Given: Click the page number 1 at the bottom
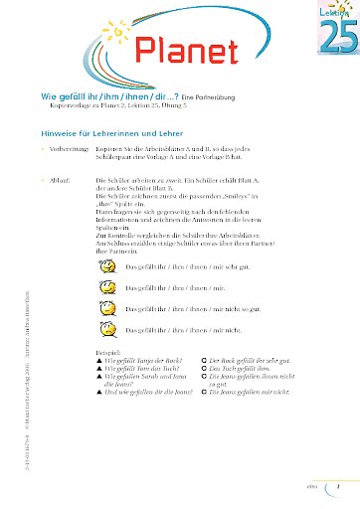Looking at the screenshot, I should (x=340, y=487).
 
